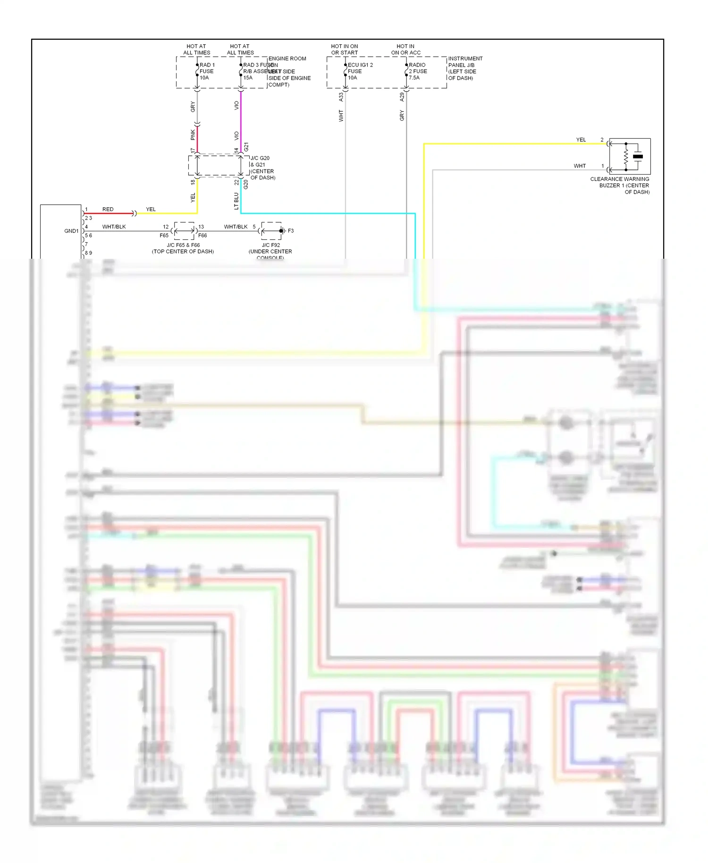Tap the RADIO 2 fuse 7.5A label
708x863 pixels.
[x=417, y=71]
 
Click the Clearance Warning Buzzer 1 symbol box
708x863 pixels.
[x=630, y=156]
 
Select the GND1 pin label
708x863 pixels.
[x=71, y=231]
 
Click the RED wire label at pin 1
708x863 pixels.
[x=108, y=209]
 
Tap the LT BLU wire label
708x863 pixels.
[x=236, y=201]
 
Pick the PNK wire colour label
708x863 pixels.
[x=193, y=135]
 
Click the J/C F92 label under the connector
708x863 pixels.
[x=270, y=245]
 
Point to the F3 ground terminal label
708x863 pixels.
[x=291, y=231]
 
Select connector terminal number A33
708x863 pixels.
[x=341, y=97]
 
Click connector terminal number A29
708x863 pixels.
[x=402, y=97]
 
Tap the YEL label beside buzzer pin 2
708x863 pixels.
[x=581, y=140]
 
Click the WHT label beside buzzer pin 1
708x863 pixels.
[x=580, y=166]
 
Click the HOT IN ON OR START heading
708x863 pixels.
[x=344, y=50]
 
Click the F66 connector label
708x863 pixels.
[x=202, y=235]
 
